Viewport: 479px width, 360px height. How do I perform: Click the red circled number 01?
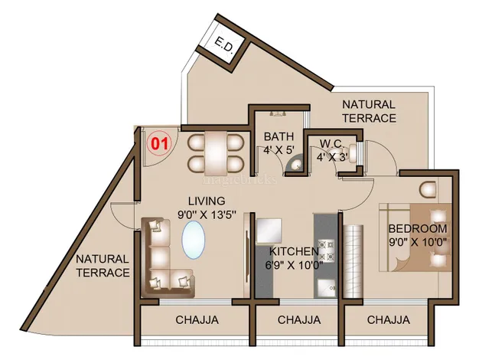[159, 142]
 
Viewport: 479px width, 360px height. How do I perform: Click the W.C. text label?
[331, 143]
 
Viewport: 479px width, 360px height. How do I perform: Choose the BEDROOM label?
[417, 229]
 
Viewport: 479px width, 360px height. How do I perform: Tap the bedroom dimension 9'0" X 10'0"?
[417, 243]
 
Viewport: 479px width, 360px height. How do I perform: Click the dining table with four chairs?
[216, 151]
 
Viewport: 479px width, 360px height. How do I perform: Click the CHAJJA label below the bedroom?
[388, 319]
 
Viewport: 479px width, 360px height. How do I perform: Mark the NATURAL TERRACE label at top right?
[369, 111]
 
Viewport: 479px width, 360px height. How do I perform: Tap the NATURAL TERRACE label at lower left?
[101, 266]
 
